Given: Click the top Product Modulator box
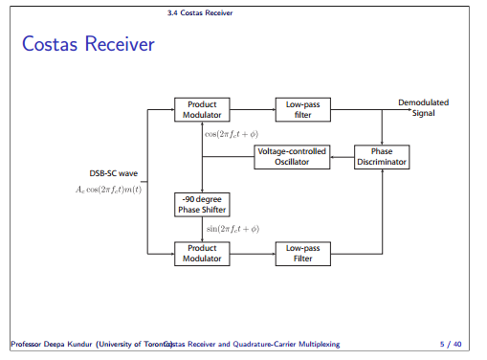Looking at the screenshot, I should pos(202,110).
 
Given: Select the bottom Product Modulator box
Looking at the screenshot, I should pos(202,253).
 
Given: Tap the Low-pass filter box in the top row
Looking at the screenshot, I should pos(302,110).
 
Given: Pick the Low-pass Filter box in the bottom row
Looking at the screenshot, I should pos(302,253).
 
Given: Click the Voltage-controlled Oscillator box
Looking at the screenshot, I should pos(292,157).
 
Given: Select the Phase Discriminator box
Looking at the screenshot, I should pos(382,157).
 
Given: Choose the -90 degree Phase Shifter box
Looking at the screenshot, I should pos(202,204).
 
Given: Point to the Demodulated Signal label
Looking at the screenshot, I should pos(423,107).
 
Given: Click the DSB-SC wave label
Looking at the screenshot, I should pos(114,174).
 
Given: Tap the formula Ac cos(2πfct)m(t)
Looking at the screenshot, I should pos(108,190).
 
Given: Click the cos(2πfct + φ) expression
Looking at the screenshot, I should pos(232,133).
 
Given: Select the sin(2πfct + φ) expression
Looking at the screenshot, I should pos(232,229).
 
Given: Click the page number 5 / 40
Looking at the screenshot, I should pos(451,343).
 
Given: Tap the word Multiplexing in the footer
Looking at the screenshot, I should pos(315,343).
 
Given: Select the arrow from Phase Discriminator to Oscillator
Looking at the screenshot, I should pos(342,157).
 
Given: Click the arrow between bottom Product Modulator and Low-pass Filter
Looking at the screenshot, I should pos(252,253).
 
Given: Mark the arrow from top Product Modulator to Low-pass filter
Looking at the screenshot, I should pos(252,110).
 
